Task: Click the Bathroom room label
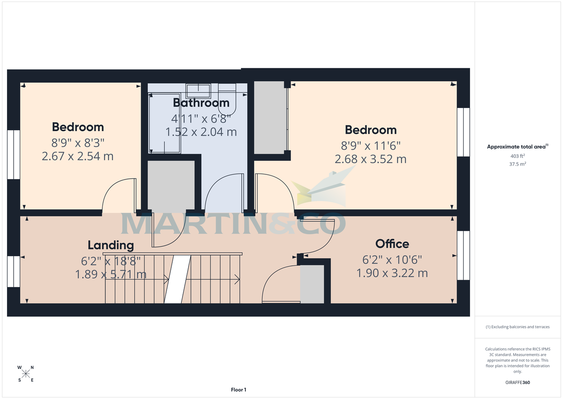click(201, 102)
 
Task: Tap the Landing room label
click(111, 245)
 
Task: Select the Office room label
click(392, 243)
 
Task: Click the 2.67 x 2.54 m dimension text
click(78, 156)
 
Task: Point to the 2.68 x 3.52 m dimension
click(371, 159)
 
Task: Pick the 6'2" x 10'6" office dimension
click(392, 259)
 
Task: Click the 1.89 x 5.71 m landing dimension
click(111, 274)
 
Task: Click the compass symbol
click(26, 374)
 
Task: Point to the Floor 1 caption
click(238, 390)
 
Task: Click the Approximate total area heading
click(517, 147)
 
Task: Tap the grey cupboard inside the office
click(312, 284)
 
